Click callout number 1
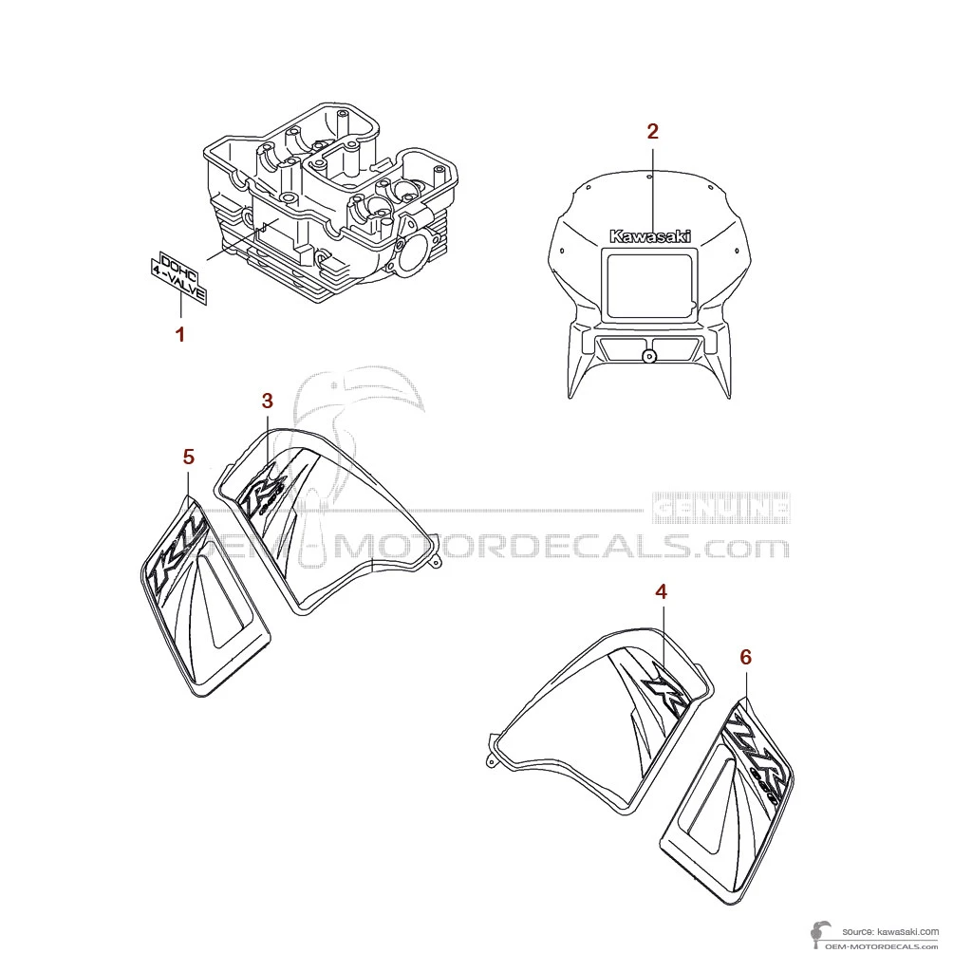[179, 334]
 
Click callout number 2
[652, 132]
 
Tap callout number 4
[661, 591]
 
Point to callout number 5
[188, 458]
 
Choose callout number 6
[745, 657]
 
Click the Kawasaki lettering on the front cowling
[650, 236]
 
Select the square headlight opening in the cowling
[651, 285]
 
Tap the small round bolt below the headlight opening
[648, 357]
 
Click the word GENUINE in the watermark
[722, 509]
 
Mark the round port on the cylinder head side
[415, 255]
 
